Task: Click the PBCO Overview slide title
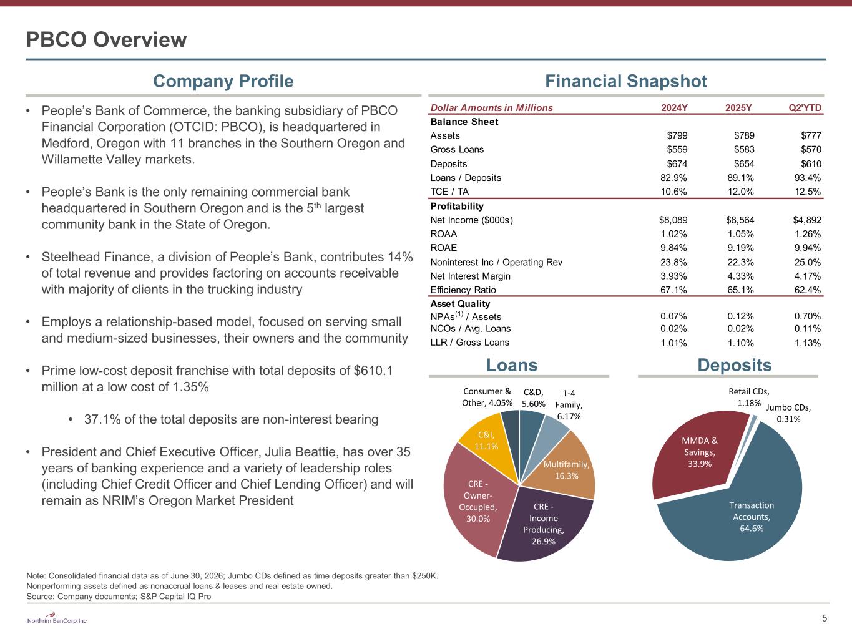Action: (x=106, y=39)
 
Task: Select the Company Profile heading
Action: (x=223, y=81)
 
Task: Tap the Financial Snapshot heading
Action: (x=626, y=81)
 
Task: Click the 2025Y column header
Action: (x=738, y=108)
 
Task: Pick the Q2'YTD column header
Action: (x=805, y=108)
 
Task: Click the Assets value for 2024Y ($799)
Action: (x=677, y=135)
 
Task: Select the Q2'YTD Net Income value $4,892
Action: (x=807, y=220)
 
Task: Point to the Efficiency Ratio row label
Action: (x=463, y=290)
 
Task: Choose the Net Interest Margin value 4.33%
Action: (x=740, y=276)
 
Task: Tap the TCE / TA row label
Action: (x=449, y=192)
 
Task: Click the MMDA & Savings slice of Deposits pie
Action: (x=695, y=454)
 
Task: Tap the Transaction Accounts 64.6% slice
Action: (x=745, y=516)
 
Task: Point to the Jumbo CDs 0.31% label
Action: (x=788, y=413)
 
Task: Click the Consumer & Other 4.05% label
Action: (x=487, y=397)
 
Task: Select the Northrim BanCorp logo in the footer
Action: (x=57, y=618)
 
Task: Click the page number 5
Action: (x=825, y=618)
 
